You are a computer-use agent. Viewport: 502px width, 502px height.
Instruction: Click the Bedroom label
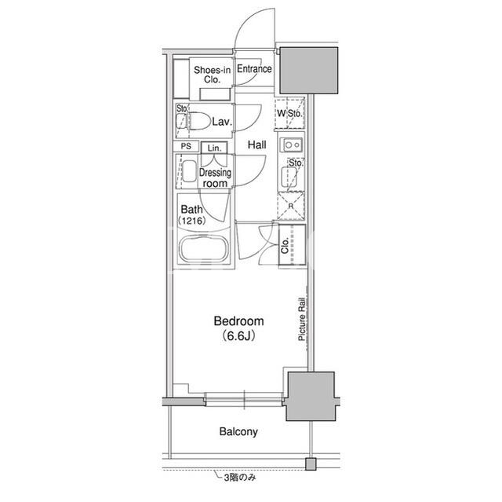click(x=238, y=321)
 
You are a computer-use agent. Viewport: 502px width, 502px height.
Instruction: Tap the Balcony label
click(x=238, y=432)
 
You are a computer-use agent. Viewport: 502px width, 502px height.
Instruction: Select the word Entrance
click(x=254, y=68)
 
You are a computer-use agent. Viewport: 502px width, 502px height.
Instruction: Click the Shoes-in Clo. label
click(x=212, y=75)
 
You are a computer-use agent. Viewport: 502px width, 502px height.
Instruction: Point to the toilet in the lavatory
click(x=193, y=122)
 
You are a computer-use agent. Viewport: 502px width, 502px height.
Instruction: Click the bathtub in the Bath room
click(x=204, y=249)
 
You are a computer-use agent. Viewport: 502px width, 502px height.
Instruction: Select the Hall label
click(x=256, y=145)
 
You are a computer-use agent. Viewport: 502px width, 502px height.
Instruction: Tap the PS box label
click(x=186, y=146)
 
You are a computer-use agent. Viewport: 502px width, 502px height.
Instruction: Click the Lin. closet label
click(x=214, y=148)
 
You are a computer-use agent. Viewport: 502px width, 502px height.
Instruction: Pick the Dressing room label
click(x=215, y=178)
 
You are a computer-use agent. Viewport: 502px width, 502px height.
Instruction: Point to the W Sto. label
click(x=289, y=113)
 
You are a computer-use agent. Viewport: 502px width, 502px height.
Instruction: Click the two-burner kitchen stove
click(x=291, y=145)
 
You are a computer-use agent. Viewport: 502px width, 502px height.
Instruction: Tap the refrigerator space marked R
click(x=291, y=206)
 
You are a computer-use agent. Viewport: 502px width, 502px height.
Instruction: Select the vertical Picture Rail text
click(x=301, y=319)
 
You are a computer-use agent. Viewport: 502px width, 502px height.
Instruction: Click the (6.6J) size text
click(x=238, y=335)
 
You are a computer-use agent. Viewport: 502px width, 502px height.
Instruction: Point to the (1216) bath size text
click(x=191, y=221)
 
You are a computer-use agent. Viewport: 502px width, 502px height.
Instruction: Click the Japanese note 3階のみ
click(x=240, y=478)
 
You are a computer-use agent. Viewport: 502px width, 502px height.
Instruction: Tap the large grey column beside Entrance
click(x=309, y=71)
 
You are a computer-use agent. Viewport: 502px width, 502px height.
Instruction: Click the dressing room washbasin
click(x=189, y=171)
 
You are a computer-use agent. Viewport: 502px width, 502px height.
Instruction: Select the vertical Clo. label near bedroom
click(x=285, y=246)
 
